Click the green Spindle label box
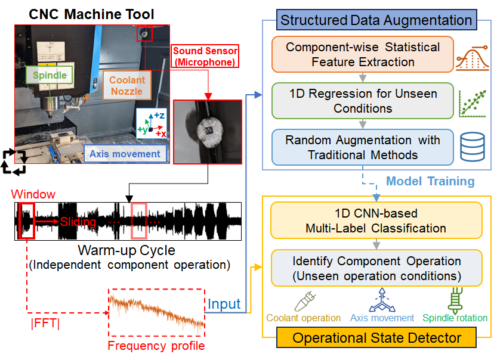[49, 75]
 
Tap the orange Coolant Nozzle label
[127, 85]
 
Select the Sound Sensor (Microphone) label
[205, 57]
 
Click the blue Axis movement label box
[125, 154]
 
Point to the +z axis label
[159, 116]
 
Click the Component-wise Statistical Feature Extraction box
[363, 54]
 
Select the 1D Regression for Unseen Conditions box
[363, 101]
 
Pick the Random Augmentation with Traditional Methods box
[363, 147]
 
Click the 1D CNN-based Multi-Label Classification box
[376, 221]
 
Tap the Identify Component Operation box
[376, 268]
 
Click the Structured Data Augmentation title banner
[376, 20]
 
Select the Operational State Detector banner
[376, 338]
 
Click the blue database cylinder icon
[473, 147]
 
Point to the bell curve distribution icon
[473, 58]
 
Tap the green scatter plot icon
[473, 104]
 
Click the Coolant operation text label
[304, 318]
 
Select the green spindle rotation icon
[455, 300]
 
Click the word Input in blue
[224, 304]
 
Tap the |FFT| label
[45, 323]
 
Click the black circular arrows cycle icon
[14, 162]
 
